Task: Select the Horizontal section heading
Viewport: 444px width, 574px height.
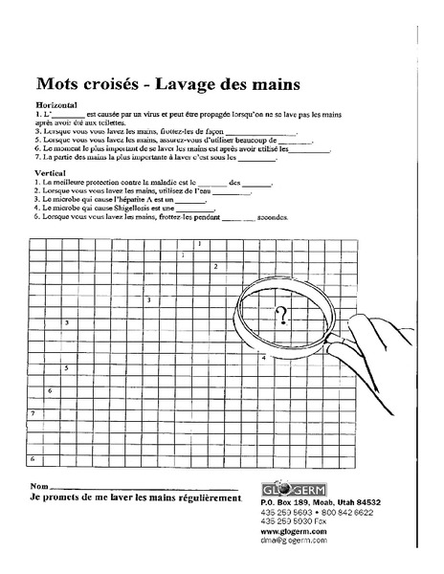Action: coord(55,103)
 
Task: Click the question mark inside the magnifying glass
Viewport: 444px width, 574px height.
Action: coord(281,315)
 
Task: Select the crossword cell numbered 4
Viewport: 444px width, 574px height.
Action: coord(264,357)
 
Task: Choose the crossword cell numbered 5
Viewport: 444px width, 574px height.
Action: coord(65,368)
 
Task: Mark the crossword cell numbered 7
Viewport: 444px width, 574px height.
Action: coord(33,413)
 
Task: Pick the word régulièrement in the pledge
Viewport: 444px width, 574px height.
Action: coord(204,499)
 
